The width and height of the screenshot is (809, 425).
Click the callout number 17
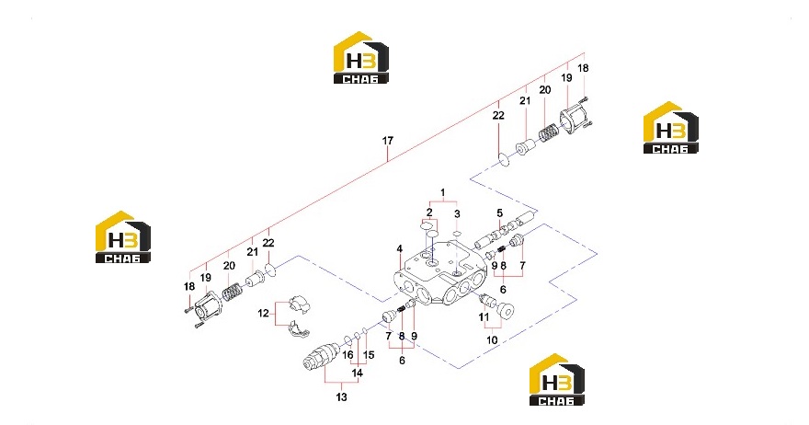click(387, 141)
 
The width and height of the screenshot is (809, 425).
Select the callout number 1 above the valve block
click(443, 193)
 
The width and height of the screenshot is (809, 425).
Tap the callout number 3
click(457, 213)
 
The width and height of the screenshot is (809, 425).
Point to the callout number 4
click(400, 249)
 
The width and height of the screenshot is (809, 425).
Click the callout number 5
click(499, 212)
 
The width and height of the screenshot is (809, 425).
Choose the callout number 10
click(492, 340)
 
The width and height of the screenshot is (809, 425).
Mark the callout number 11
click(484, 317)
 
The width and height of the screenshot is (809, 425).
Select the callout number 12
click(263, 313)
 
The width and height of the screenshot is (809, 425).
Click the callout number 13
click(342, 397)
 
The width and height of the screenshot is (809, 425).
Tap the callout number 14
click(357, 373)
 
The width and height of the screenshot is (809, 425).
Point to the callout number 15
click(369, 355)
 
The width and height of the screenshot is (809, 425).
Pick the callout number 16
click(348, 355)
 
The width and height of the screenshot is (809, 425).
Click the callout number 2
click(429, 212)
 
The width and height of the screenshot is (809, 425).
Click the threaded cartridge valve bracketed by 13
click(321, 357)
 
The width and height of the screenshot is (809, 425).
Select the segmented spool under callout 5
click(506, 230)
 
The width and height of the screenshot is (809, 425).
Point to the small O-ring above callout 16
click(348, 339)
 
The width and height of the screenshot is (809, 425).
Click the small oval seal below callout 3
click(457, 234)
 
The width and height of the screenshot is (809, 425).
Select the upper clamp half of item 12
click(299, 304)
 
